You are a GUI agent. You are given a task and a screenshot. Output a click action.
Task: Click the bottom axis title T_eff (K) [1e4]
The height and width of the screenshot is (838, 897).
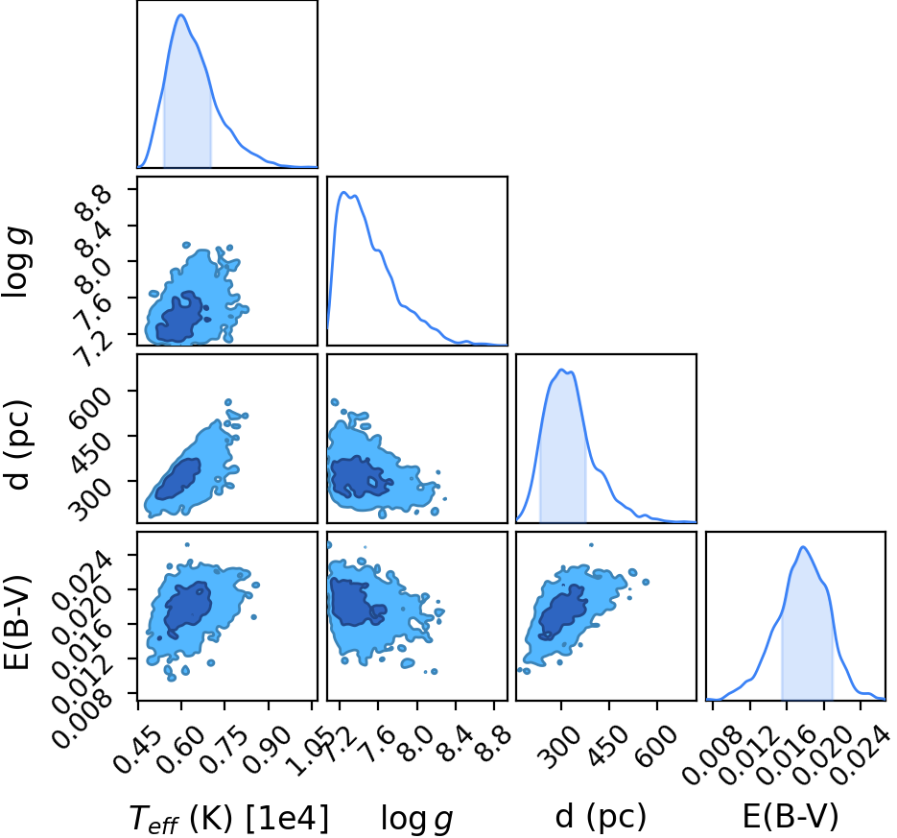coord(229,818)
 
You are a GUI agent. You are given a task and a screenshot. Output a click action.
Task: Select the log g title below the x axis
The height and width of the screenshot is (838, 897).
coord(417,819)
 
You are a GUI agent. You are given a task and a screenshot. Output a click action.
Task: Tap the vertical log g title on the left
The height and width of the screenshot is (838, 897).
coord(16,262)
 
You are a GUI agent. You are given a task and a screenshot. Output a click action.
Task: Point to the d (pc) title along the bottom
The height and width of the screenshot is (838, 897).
coord(601,817)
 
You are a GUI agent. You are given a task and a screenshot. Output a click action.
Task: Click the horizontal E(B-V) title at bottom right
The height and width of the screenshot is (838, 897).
coord(791,816)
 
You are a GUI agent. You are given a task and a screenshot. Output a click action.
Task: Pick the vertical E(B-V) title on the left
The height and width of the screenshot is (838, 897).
coord(16,623)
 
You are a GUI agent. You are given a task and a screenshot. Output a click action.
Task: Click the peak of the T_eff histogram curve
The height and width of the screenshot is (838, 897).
coord(181,15)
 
